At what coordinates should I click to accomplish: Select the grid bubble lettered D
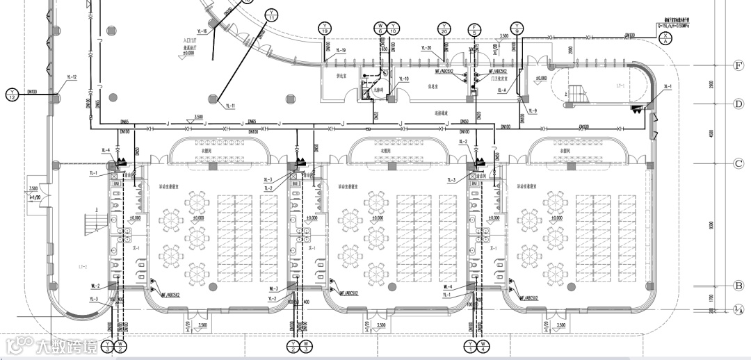click(x=739, y=104)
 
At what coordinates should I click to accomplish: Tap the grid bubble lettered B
click(x=739, y=285)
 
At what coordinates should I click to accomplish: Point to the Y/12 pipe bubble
click(x=12, y=95)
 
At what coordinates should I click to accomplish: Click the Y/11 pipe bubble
click(x=271, y=14)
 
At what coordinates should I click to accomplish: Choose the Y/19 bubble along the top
click(x=324, y=28)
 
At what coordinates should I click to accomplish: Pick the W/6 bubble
click(x=380, y=28)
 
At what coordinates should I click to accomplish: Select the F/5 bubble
click(x=474, y=28)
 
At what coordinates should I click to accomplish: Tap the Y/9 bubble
click(x=517, y=28)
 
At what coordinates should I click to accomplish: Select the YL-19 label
click(x=340, y=51)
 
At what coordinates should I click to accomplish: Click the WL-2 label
click(x=95, y=286)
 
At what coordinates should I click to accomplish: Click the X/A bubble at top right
click(x=665, y=40)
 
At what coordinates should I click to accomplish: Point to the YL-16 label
click(x=202, y=31)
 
